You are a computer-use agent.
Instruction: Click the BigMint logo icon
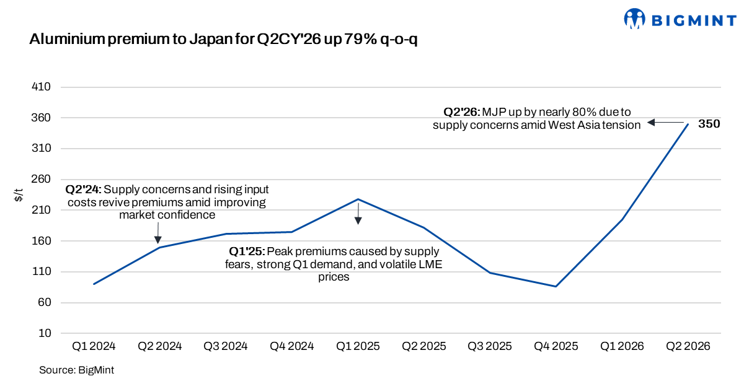click(634, 19)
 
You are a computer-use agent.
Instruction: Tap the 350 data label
click(709, 124)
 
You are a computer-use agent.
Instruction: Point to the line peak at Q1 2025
click(358, 199)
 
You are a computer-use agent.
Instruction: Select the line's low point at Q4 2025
click(556, 286)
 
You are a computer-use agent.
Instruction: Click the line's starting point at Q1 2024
click(94, 284)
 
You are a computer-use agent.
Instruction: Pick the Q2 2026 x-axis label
click(688, 346)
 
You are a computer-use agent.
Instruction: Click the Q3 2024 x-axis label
click(226, 346)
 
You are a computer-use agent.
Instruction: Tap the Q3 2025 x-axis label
click(490, 346)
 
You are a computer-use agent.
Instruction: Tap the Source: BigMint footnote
click(76, 370)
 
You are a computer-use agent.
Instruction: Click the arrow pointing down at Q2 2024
click(157, 233)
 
